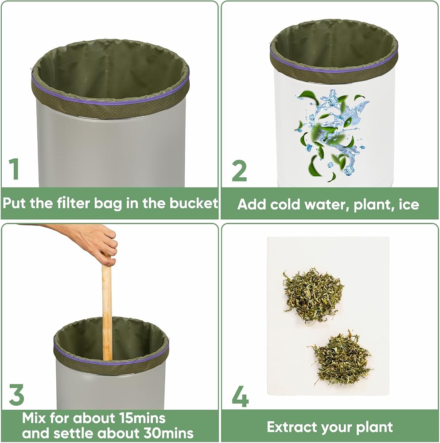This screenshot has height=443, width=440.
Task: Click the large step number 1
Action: [14, 169]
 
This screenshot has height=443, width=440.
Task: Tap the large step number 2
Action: [239, 171]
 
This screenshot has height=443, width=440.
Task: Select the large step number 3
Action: [16, 394]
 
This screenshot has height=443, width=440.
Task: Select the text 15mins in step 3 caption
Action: [142, 418]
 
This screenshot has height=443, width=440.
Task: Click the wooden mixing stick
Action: [107, 307]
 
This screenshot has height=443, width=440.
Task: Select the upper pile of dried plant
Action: [313, 295]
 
